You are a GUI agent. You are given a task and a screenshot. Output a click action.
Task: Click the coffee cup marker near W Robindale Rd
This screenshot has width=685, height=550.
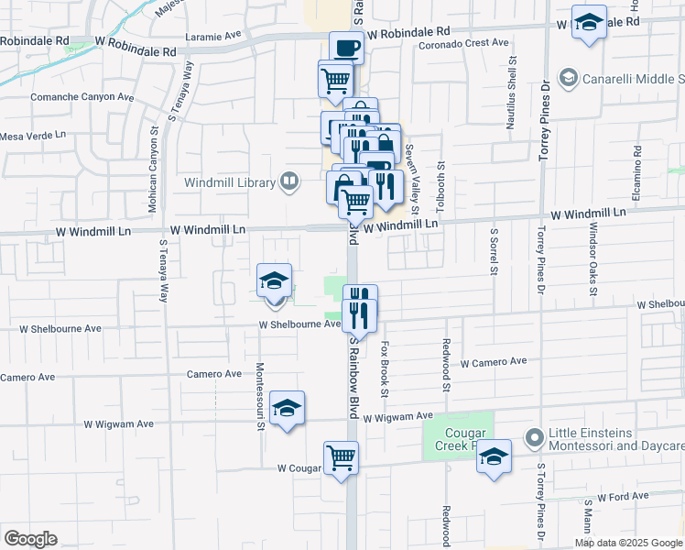(x=346, y=47)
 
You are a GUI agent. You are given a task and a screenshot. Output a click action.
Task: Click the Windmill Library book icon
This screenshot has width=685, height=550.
(x=290, y=181)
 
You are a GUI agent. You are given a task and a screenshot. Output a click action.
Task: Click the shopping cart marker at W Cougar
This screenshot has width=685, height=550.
(x=341, y=456)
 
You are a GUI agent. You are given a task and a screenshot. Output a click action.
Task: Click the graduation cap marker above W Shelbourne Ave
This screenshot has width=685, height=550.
(x=274, y=280)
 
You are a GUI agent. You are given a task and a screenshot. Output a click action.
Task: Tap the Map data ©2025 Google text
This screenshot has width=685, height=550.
(x=628, y=543)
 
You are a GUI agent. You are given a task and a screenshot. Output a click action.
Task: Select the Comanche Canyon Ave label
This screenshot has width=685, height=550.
(x=82, y=96)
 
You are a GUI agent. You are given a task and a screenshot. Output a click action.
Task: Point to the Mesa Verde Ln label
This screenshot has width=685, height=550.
(x=34, y=136)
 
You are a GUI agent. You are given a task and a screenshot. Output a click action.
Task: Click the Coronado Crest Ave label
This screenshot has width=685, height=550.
(x=462, y=43)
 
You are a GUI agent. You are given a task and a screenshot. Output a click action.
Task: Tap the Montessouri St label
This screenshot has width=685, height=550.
(x=259, y=395)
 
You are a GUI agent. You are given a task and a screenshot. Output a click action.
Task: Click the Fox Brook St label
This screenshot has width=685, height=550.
(x=386, y=369)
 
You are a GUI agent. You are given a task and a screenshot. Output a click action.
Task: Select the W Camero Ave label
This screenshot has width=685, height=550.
(x=494, y=362)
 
